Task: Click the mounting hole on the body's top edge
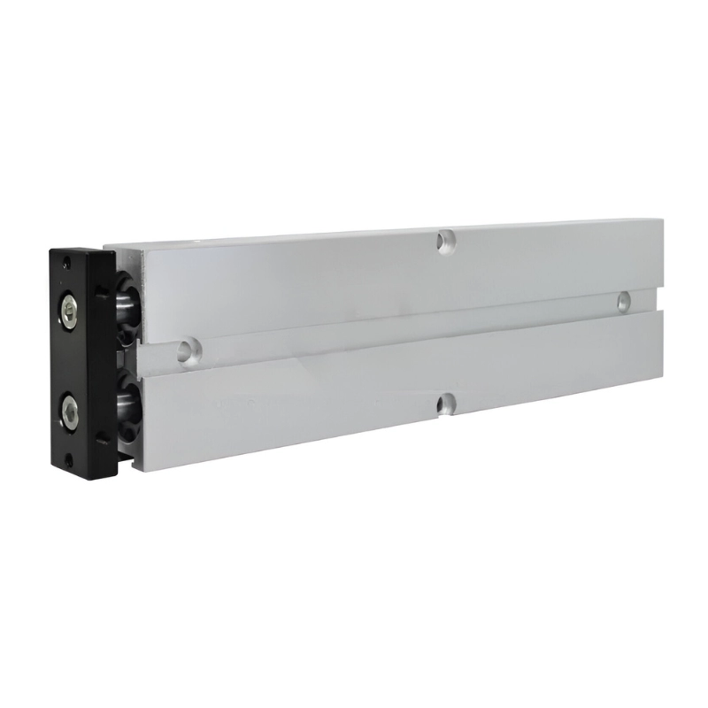[x=446, y=240]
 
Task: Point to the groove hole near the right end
[x=624, y=300]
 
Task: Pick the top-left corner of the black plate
[x=51, y=251]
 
